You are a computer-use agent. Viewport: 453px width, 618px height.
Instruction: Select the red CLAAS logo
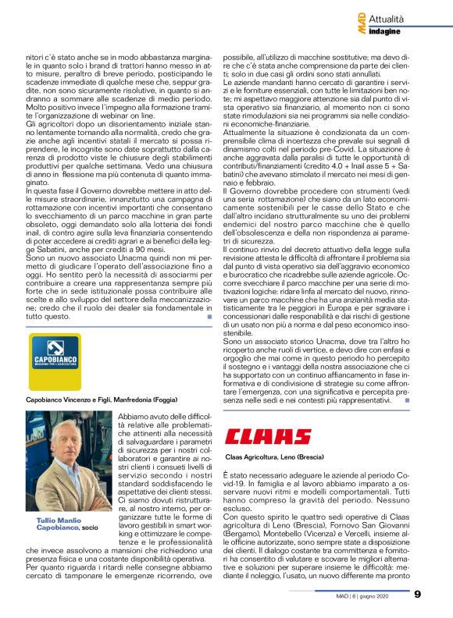tap(267, 437)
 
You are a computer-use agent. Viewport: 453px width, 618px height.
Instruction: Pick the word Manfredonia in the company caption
tap(131, 398)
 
